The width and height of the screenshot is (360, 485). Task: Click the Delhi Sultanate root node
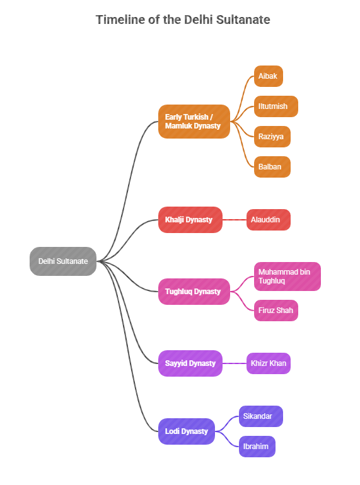pos(63,261)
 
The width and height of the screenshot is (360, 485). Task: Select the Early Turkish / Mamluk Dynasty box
pos(194,121)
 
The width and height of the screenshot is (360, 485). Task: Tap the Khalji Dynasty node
pos(190,220)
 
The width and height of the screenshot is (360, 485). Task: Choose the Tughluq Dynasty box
pos(194,292)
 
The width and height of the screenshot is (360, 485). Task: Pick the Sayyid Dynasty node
pos(190,363)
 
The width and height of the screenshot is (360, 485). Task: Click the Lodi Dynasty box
pos(186,431)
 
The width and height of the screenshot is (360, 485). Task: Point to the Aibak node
pos(268,76)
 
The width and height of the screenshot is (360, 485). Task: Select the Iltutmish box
pos(276,106)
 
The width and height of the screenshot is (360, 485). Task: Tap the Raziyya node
pos(272,137)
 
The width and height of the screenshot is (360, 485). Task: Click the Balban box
pos(272,167)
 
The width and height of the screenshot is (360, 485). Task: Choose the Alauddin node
pos(268,220)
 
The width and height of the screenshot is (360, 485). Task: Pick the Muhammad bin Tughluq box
pos(287,277)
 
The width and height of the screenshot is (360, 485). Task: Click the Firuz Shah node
pos(276,311)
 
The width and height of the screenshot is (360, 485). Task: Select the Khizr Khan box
pos(268,363)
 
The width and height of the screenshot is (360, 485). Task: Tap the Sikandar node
pos(260,416)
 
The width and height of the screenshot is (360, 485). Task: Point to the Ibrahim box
pos(257,447)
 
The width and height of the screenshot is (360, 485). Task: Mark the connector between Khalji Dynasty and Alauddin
pos(234,220)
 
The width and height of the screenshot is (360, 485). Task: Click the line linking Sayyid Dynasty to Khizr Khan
pos(234,363)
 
